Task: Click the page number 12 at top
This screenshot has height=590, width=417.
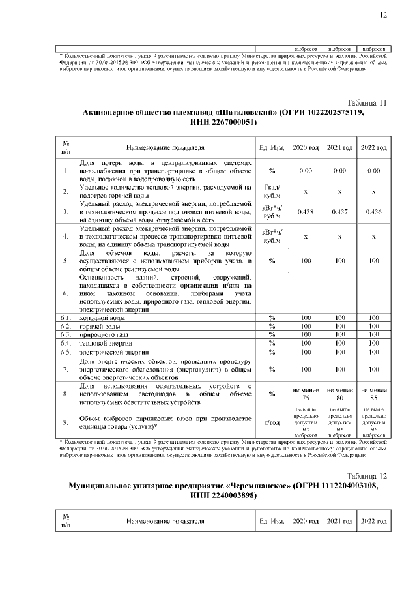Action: (x=382, y=14)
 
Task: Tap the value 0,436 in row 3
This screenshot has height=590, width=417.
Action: (x=373, y=212)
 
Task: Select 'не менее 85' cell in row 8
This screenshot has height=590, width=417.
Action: (x=373, y=394)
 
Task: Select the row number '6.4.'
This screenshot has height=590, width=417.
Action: (x=66, y=342)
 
